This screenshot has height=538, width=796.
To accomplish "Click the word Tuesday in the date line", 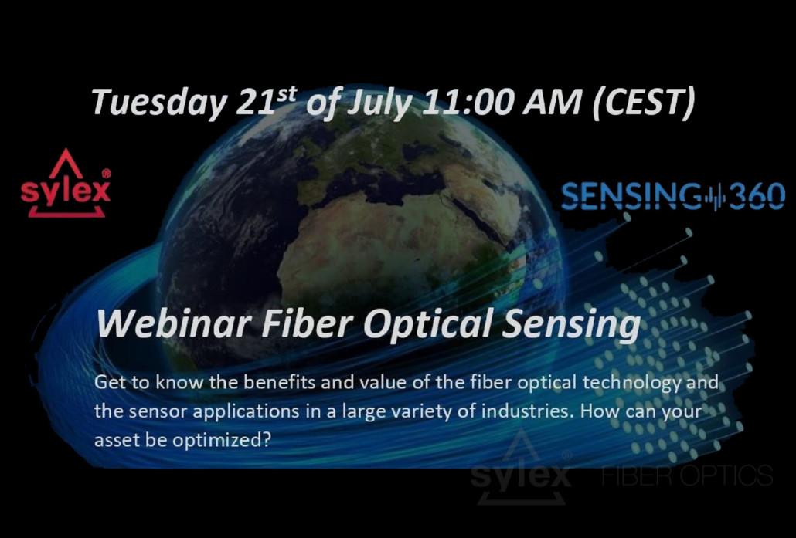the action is click(x=159, y=103).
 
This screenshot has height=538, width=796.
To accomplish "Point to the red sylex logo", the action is click(x=66, y=184).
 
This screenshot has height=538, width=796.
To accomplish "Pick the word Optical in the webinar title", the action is click(x=427, y=324).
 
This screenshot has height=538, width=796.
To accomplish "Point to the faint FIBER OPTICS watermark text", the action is click(x=687, y=475).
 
